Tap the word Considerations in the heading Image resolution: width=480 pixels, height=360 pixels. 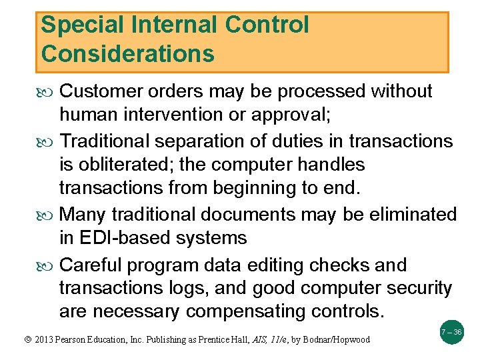[127, 53]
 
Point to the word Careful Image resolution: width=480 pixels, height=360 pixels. [92, 265]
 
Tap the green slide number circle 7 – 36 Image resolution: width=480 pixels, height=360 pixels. [451, 331]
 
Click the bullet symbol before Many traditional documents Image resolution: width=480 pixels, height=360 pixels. [47, 215]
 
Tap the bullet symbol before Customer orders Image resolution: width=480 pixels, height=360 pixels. [47, 92]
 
